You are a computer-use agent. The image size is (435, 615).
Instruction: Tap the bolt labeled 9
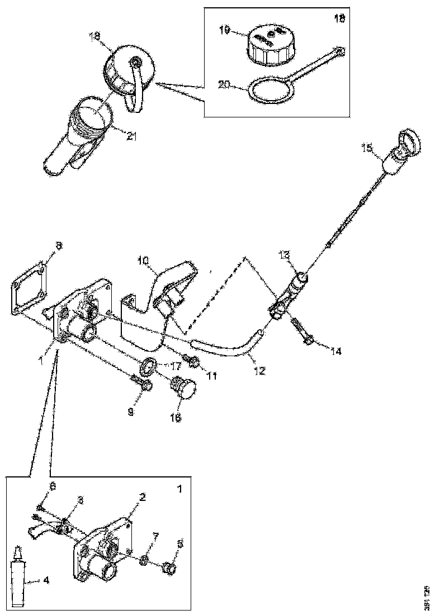[141, 383]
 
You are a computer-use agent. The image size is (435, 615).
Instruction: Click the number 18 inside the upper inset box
[339, 18]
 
